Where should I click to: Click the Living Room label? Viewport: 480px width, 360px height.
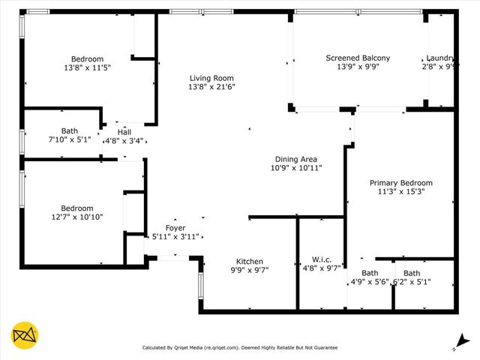coord(211,78)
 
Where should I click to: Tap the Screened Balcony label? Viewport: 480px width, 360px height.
coord(358,58)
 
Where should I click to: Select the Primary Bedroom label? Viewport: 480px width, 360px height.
coord(400,183)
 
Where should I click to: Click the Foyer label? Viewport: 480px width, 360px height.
coord(175,228)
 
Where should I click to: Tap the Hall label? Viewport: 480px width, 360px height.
coord(124,132)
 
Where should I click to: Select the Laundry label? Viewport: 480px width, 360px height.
coord(439,58)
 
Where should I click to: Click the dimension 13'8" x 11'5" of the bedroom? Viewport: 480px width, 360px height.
coord(87,68)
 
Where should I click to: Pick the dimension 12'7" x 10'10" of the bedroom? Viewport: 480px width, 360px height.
coord(76,217)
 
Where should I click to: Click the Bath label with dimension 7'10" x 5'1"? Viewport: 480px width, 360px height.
coord(69,131)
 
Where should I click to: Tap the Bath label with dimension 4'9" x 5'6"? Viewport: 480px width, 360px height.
coord(370,273)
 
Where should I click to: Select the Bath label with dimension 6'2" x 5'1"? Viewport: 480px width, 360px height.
coord(412,273)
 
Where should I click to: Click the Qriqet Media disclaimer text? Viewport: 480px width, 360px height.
coord(240,348)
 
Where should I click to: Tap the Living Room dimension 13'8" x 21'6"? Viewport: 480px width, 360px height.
coord(211,87)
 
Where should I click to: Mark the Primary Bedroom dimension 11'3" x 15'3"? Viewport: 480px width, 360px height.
coord(400,192)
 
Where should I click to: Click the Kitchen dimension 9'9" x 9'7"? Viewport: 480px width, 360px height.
coord(250,268)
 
